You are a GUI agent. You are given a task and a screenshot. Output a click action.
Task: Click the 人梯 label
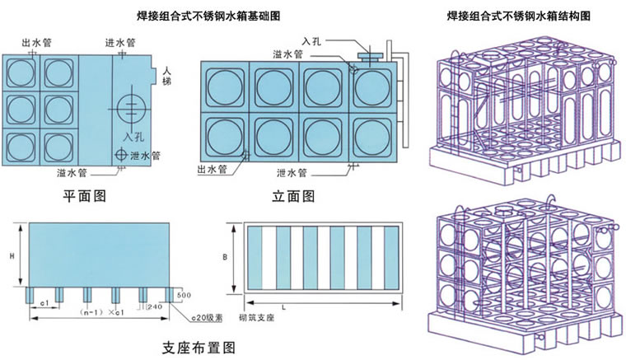tap(167, 75)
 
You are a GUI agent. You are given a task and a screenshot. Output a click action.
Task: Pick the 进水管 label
tap(120, 43)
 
